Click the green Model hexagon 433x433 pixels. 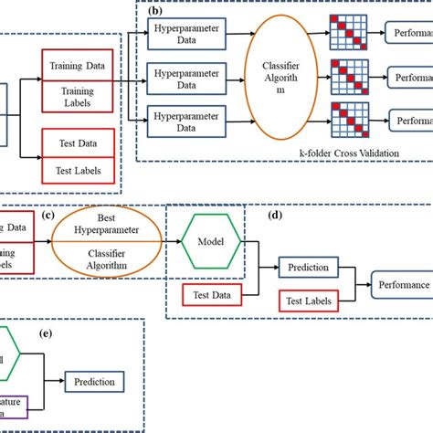click(x=210, y=243)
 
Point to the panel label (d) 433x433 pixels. click(x=274, y=216)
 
